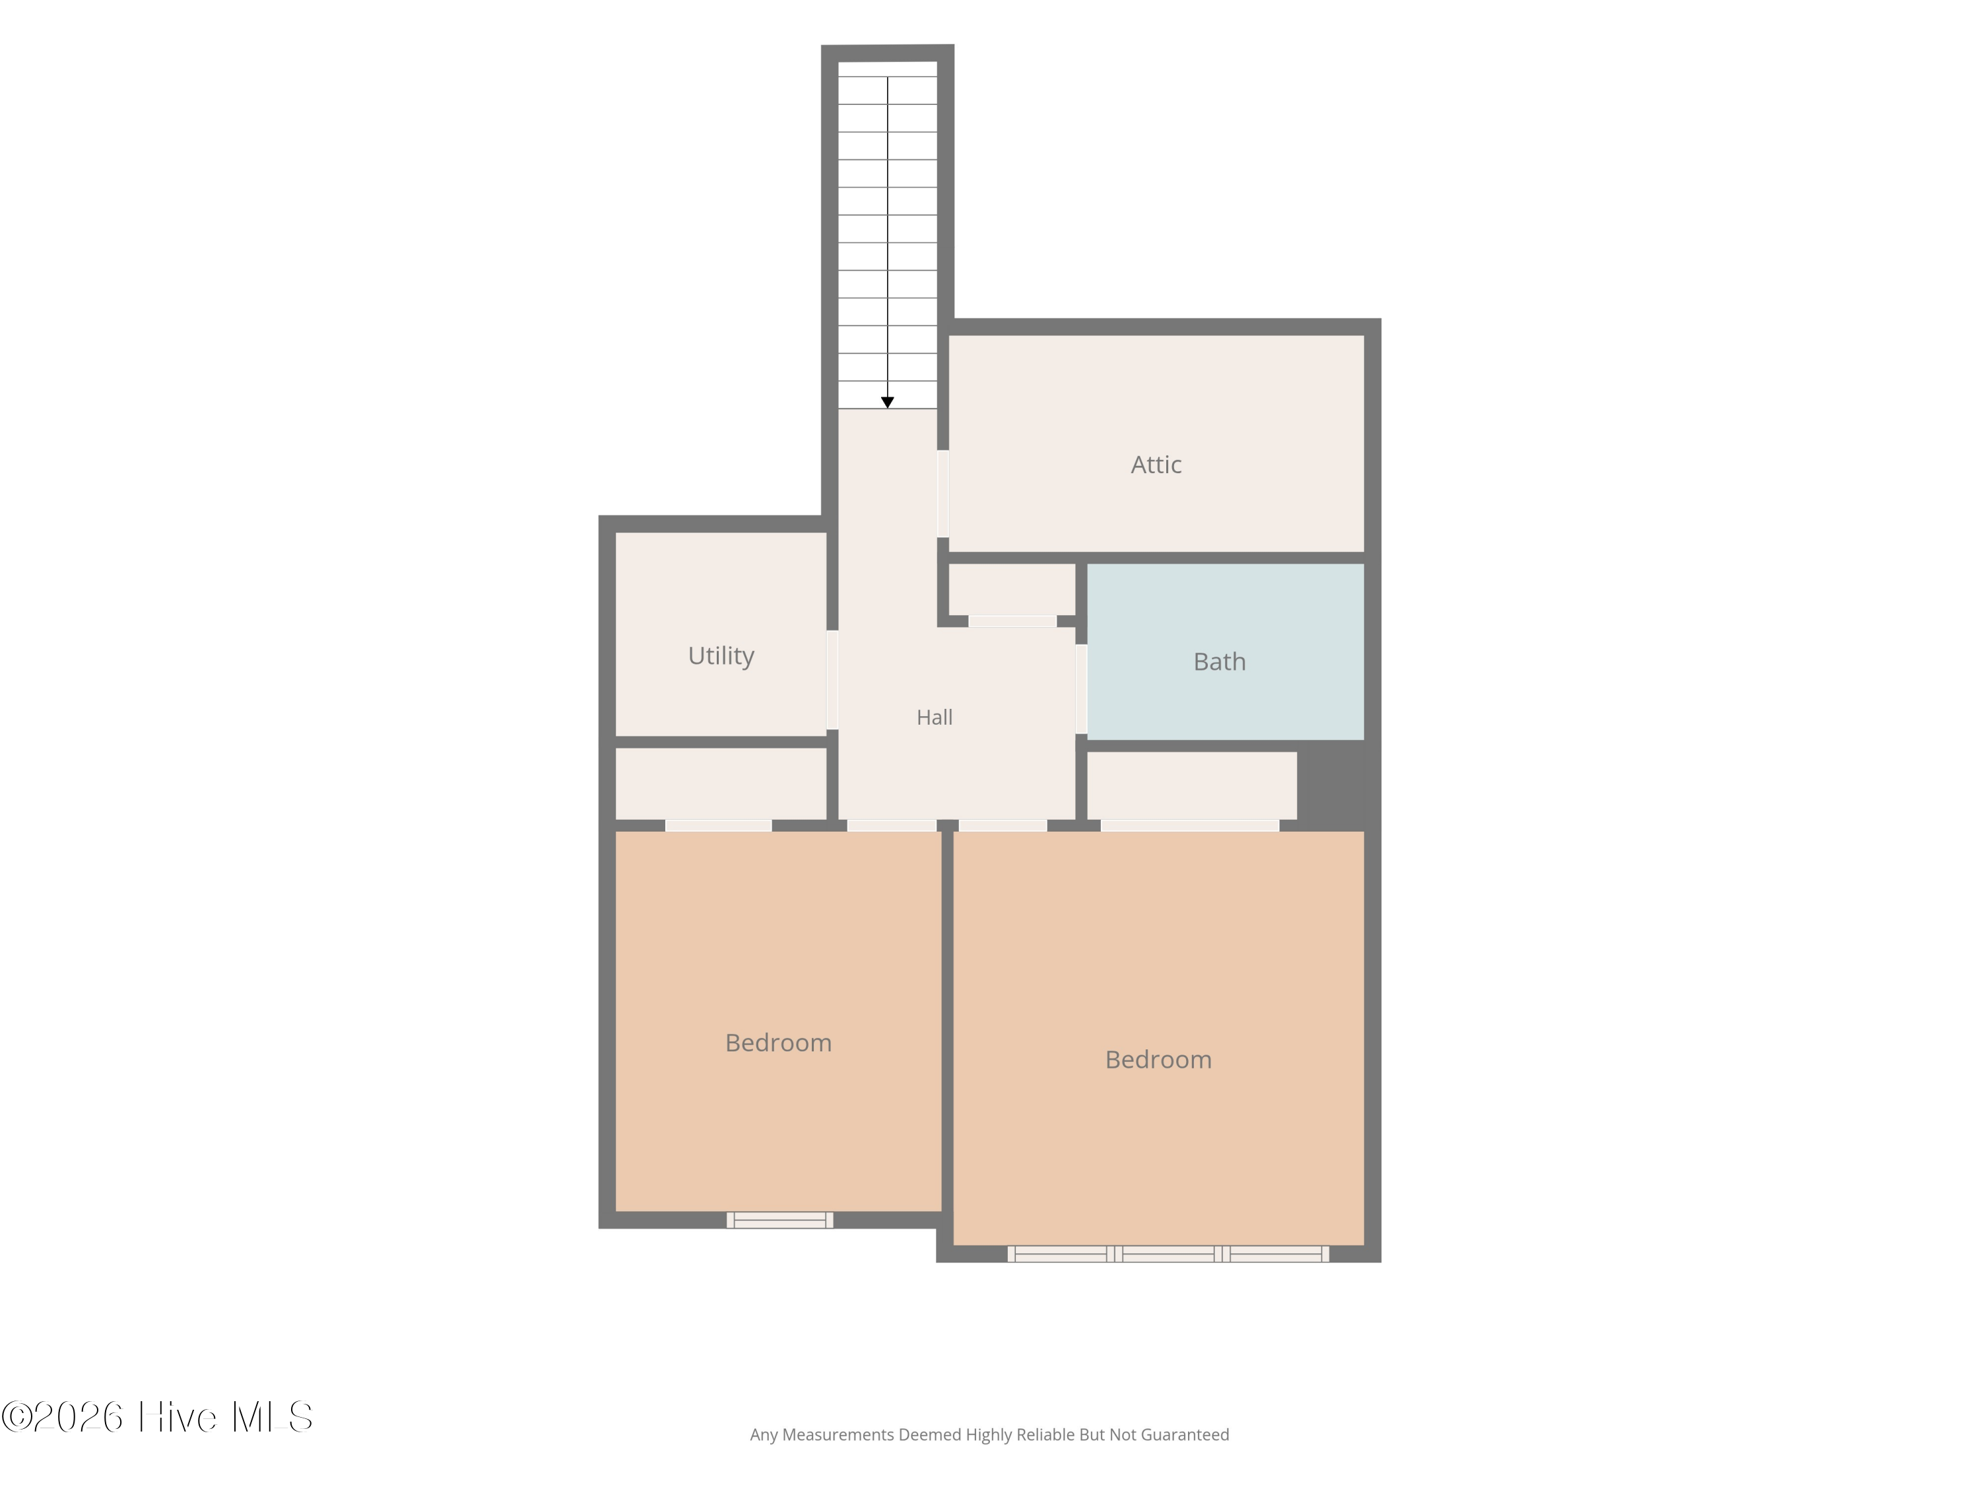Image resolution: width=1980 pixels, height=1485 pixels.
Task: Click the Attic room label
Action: coord(1156,465)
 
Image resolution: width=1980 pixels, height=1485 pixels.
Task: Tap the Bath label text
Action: coord(1219,661)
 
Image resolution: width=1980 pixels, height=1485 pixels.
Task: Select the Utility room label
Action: coord(721,656)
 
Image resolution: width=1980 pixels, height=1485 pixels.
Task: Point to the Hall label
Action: coord(935,717)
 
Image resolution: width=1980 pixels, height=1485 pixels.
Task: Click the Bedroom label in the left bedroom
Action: coord(778,1043)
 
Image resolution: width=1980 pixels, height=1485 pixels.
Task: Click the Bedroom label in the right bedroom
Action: coord(1158,1060)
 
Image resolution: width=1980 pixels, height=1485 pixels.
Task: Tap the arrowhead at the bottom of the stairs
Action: coord(887,403)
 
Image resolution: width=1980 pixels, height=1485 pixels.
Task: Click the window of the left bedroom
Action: coord(779,1220)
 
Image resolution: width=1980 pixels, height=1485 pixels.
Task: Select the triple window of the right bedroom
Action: coord(1168,1254)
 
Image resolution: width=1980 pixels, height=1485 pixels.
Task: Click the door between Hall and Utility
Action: coord(832,680)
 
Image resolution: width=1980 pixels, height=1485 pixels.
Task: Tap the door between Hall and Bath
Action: coord(1081,689)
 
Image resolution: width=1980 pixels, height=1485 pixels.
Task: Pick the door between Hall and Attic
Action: coord(942,493)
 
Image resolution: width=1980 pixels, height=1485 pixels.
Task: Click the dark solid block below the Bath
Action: coord(1331,786)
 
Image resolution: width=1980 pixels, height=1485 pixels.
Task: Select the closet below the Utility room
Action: coord(721,783)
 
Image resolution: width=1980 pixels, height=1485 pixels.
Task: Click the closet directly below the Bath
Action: coord(1191,785)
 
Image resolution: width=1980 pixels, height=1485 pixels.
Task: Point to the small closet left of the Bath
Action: coord(1012,589)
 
